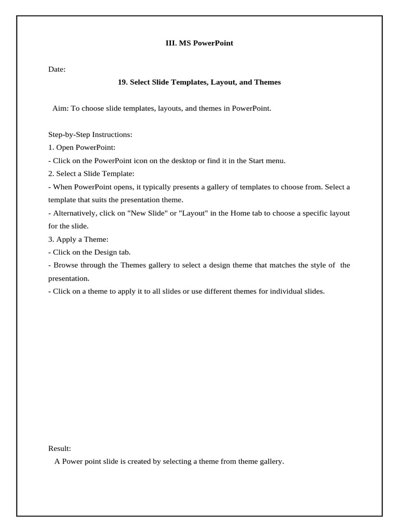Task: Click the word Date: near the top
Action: click(57, 69)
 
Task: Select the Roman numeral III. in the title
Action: click(171, 43)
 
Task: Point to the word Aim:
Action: click(60, 109)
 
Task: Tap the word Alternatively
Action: click(76, 213)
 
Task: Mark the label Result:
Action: click(60, 448)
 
